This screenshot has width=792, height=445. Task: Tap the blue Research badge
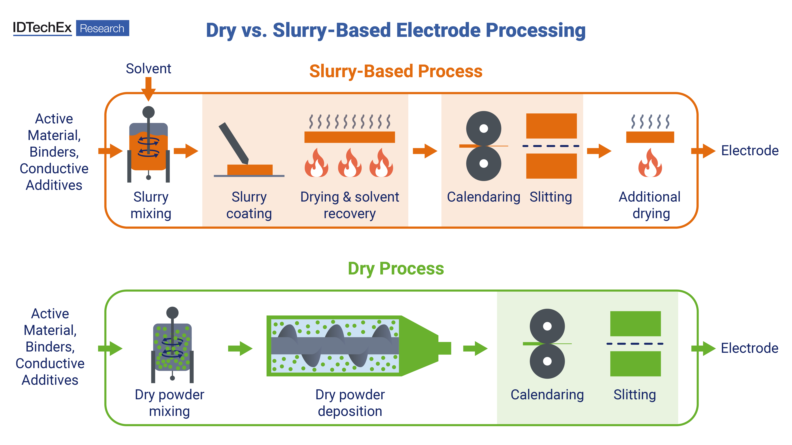[102, 28]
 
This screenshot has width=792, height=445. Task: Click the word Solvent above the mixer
[149, 68]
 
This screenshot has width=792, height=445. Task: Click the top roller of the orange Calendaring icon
[484, 128]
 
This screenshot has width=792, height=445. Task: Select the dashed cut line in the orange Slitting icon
[551, 146]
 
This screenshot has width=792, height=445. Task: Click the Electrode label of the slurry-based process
[750, 150]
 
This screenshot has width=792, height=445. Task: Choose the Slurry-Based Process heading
[396, 71]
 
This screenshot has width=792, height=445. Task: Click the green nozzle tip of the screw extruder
[445, 348]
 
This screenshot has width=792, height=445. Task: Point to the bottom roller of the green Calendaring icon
[547, 361]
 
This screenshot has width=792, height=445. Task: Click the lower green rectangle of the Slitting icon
[636, 364]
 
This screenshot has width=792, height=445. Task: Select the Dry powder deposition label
[350, 403]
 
